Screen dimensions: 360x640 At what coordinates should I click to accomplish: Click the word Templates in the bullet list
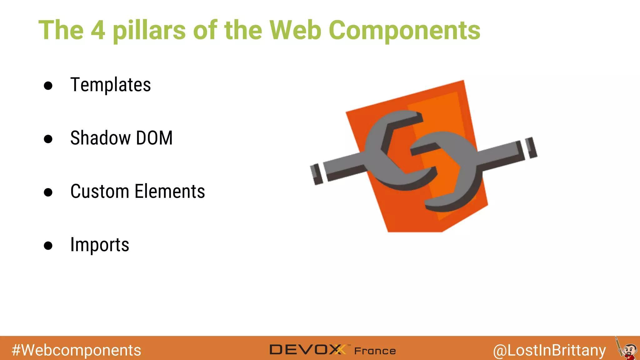pyautogui.click(x=110, y=85)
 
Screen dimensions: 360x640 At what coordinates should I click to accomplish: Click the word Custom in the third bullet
pyautogui.click(x=100, y=191)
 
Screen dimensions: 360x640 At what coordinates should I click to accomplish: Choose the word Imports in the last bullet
pyautogui.click(x=100, y=245)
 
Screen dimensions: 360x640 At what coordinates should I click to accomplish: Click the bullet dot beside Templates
pyautogui.click(x=48, y=86)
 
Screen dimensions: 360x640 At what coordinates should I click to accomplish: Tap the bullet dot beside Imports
pyautogui.click(x=48, y=246)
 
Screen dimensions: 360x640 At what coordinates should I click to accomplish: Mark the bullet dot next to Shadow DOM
pyautogui.click(x=48, y=139)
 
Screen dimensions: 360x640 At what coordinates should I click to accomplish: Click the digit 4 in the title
pyautogui.click(x=98, y=30)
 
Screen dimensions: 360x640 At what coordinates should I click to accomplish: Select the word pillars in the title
pyautogui.click(x=149, y=31)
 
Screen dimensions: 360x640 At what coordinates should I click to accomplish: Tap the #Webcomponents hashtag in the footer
pyautogui.click(x=76, y=350)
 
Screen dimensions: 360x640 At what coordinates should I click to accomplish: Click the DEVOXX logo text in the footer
pyautogui.click(x=307, y=350)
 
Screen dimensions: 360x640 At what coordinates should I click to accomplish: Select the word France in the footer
pyautogui.click(x=375, y=351)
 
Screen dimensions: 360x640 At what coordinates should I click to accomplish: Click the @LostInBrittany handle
pyautogui.click(x=549, y=350)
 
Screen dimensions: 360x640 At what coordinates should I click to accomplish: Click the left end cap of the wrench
pyautogui.click(x=317, y=174)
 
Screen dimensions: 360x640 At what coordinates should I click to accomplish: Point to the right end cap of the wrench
pyautogui.click(x=531, y=147)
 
